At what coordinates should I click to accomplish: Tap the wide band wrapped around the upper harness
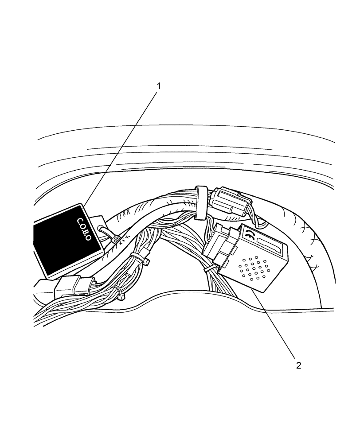(x=200, y=203)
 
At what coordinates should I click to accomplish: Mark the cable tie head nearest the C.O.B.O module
(x=116, y=240)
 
